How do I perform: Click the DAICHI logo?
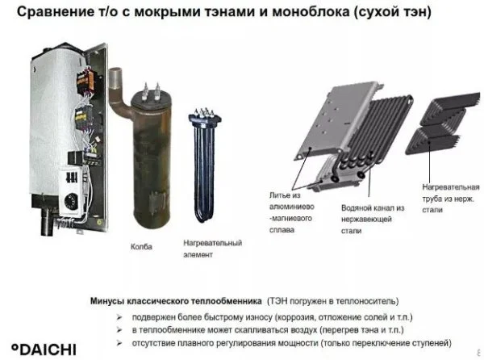coord(44,349)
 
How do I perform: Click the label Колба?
coord(141,247)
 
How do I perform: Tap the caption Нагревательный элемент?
coord(213,249)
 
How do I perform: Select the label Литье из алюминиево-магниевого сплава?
coord(292,213)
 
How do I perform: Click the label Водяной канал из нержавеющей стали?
coord(373,220)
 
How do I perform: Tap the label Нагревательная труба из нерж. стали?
coord(451,199)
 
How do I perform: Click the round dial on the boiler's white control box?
coord(71,201)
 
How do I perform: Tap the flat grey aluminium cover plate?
coord(336,120)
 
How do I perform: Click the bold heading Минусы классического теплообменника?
coord(176,301)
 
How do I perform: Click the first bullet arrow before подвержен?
coord(119,317)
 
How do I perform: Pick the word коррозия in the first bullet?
coord(294,317)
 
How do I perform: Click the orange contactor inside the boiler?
coord(86,80)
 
